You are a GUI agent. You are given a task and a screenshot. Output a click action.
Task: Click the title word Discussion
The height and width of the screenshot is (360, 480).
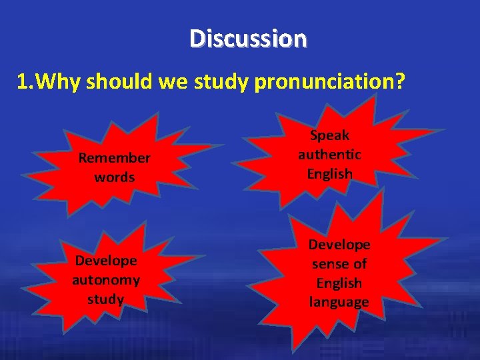coord(248,38)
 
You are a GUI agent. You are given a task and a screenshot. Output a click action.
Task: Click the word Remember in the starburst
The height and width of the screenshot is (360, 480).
coord(115,158)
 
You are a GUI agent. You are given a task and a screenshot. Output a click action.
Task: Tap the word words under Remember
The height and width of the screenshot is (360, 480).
coord(115,177)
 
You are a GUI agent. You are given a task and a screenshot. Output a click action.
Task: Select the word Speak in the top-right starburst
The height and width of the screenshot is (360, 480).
coord(329,135)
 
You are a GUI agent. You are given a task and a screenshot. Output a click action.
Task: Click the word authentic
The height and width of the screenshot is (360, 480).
coord(329,155)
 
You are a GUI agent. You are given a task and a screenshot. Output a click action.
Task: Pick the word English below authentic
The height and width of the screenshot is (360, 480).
coord(329,174)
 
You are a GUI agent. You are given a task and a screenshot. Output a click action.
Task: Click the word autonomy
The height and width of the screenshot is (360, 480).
coord(106,279)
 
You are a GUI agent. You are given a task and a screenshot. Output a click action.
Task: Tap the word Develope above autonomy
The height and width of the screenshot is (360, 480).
coord(106,260)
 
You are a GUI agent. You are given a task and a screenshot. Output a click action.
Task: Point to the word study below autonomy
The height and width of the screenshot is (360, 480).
coord(106,299)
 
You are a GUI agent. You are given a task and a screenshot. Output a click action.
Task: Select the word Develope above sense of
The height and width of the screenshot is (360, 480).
coord(339,245)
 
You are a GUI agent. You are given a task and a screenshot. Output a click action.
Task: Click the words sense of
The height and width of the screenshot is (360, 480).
coord(339,264)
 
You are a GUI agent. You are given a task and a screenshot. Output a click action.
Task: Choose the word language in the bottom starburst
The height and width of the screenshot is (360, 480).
coord(339,302)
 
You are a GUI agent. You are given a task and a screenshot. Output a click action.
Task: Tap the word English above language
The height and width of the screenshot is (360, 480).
coord(339,283)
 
